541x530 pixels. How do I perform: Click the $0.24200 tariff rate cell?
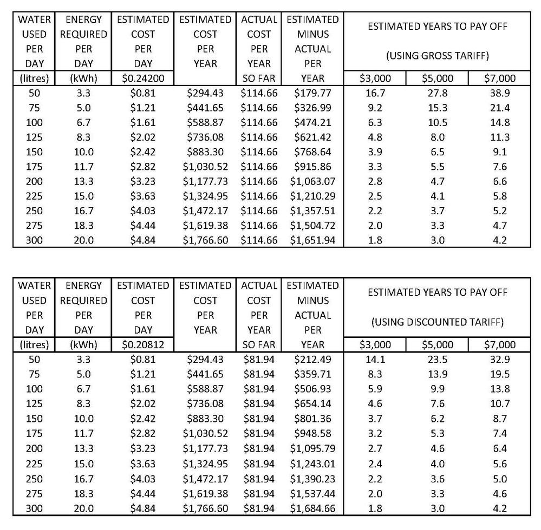[x=143, y=78]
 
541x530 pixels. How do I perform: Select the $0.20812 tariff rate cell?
[x=143, y=345]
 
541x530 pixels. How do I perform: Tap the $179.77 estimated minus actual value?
[x=312, y=93]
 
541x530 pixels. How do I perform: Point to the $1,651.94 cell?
[x=312, y=240]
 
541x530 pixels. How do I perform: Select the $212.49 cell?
[x=312, y=359]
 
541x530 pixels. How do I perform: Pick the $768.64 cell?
[x=312, y=152]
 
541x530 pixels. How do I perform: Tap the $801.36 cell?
[x=312, y=418]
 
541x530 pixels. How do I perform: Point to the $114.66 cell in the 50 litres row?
[x=259, y=93]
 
